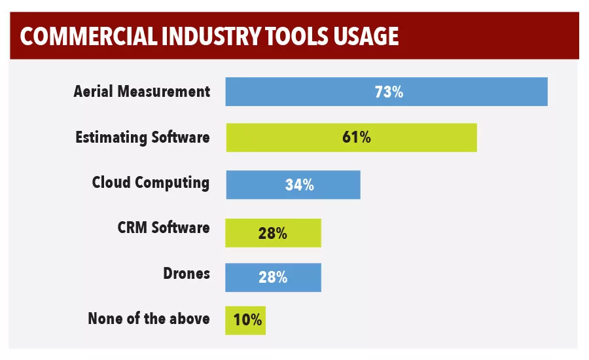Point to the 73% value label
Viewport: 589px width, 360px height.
pos(389,92)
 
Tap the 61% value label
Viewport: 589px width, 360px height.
pos(357,137)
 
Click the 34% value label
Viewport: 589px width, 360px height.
pos(299,185)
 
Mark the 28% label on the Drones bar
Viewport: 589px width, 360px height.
pos(272,278)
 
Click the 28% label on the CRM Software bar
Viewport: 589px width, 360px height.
pos(272,233)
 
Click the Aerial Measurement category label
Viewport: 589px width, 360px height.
pos(142,92)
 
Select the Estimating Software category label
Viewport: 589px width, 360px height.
pos(143,137)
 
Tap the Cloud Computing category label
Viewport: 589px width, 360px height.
pos(151,182)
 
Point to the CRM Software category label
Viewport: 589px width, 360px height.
pos(164,228)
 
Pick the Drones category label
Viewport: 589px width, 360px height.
pos(187,273)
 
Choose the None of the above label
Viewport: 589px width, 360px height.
pos(149,319)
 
